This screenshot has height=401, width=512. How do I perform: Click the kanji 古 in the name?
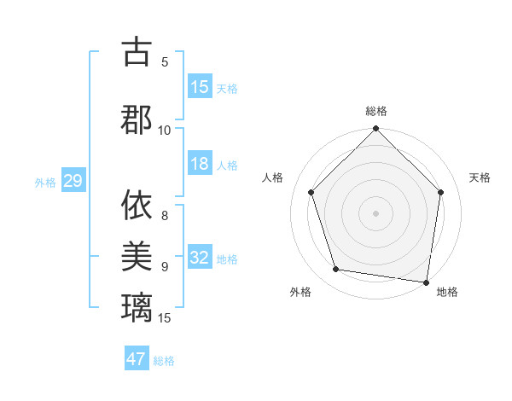(137, 53)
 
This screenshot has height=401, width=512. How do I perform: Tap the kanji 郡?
(137, 119)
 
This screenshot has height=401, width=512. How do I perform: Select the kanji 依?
(137, 206)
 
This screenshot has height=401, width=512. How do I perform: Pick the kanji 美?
(137, 255)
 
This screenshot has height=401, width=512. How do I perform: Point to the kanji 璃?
(137, 305)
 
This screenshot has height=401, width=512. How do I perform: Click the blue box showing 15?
(200, 87)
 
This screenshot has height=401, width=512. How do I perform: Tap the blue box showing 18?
(200, 165)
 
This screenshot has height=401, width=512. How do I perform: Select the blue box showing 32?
(200, 259)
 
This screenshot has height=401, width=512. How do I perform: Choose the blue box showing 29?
(73, 181)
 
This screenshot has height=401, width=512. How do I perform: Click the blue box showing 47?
(137, 359)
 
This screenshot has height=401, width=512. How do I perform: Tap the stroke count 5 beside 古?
(165, 61)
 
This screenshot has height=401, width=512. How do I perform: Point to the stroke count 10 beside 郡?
(165, 130)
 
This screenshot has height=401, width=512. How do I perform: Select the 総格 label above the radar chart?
(376, 111)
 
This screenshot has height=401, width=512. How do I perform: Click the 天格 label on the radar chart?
(480, 177)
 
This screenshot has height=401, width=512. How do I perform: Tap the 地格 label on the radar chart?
(447, 292)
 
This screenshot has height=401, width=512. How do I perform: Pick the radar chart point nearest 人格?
(311, 192)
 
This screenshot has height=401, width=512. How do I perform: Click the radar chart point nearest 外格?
(336, 270)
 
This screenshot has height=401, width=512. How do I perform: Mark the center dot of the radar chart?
(375, 212)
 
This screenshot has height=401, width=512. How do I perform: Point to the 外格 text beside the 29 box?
(45, 182)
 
